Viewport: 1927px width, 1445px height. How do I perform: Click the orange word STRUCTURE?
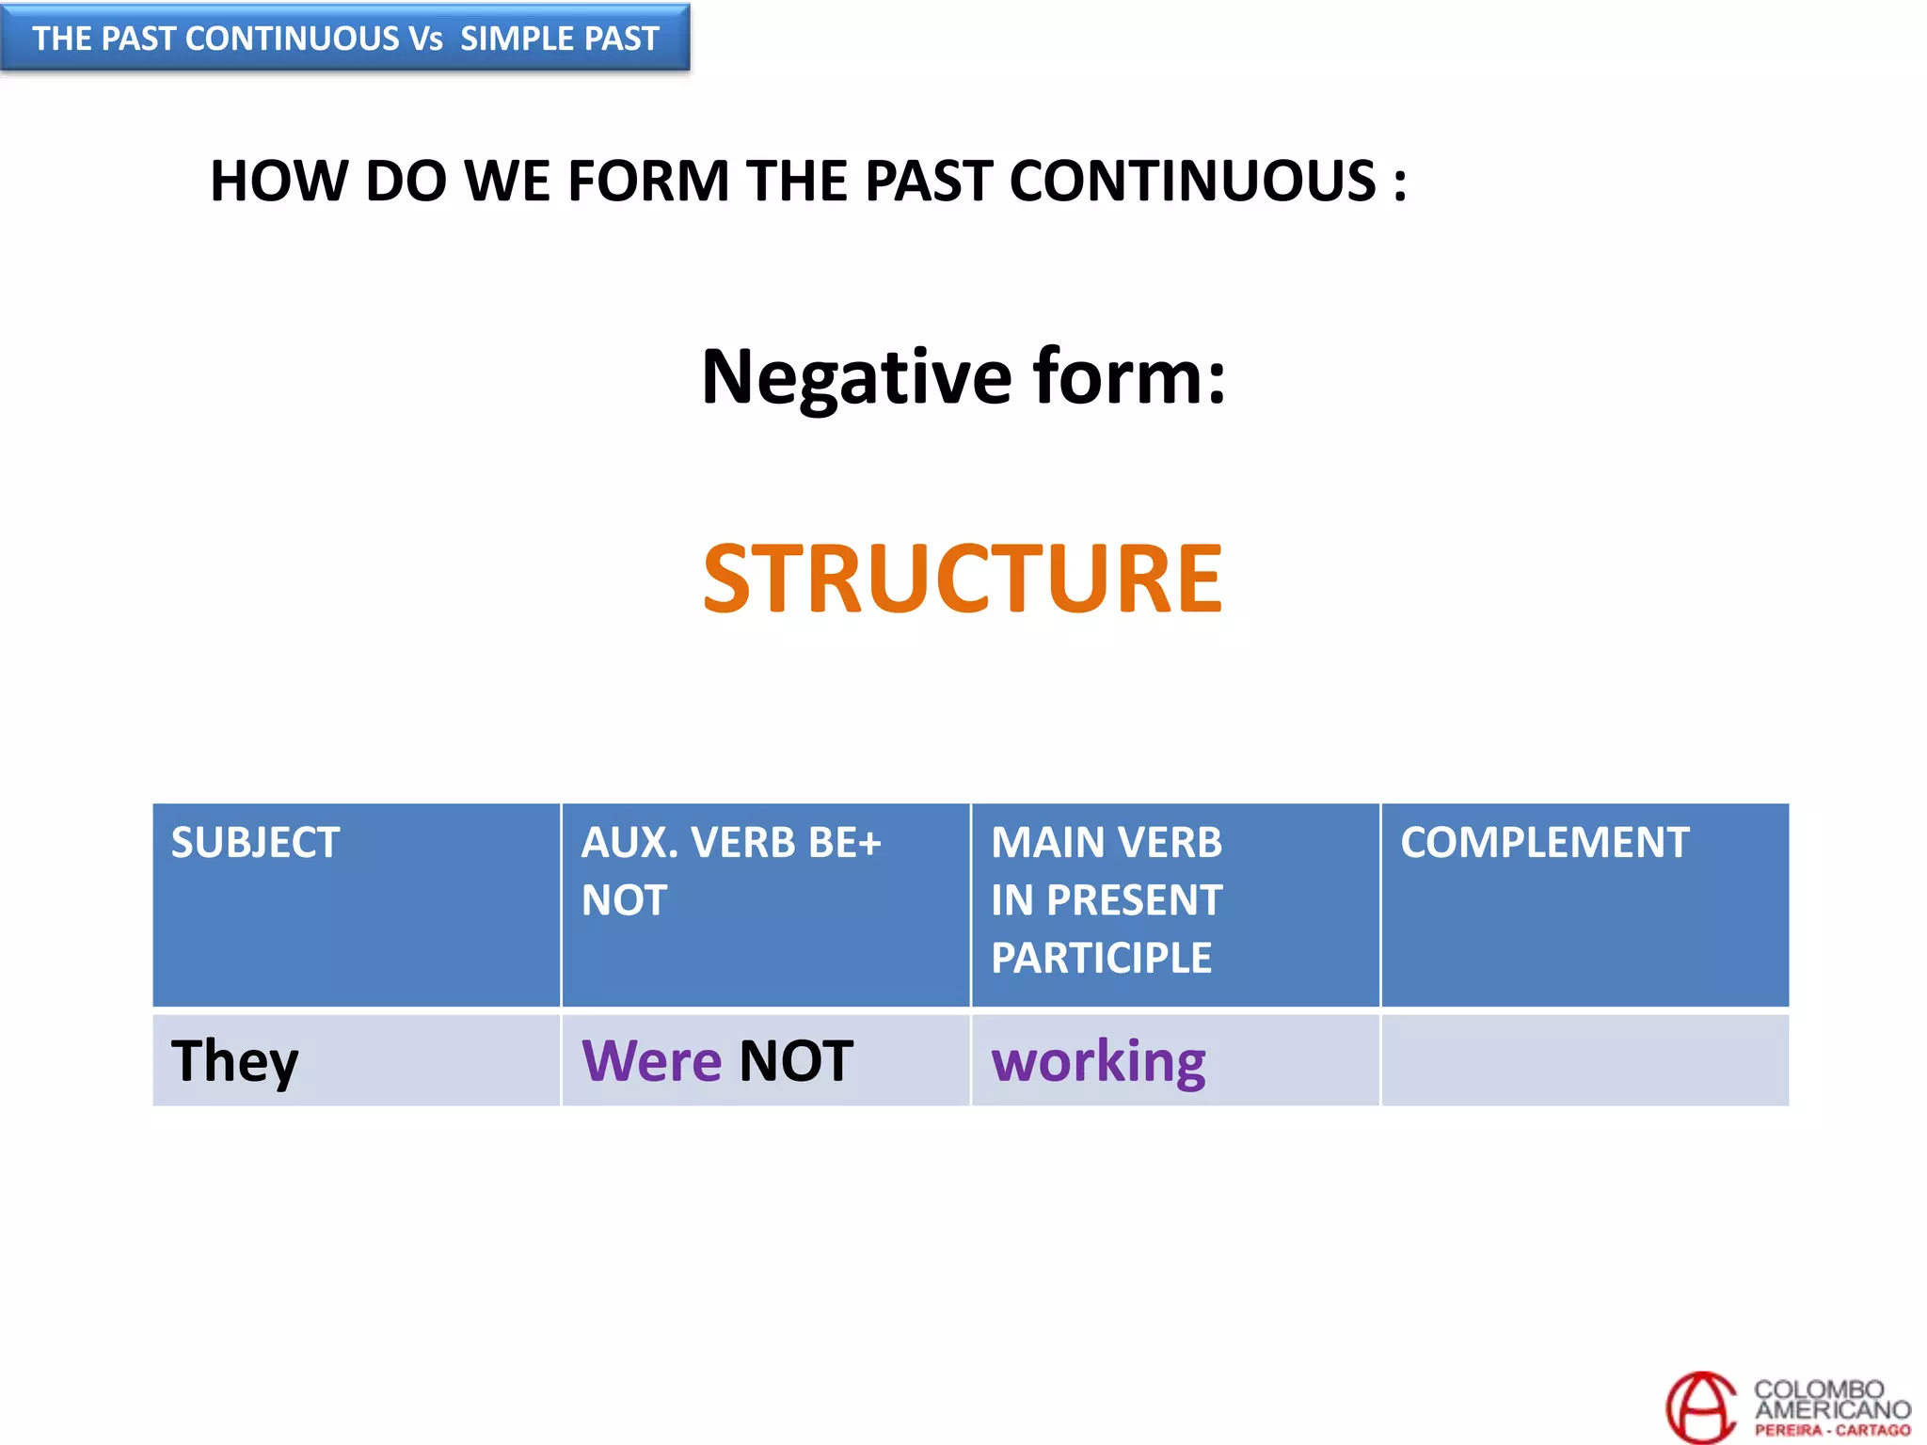pyautogui.click(x=962, y=578)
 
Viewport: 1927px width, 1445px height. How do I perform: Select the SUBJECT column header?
pyautogui.click(x=255, y=842)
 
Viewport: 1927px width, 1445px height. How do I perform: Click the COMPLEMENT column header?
pyautogui.click(x=1544, y=842)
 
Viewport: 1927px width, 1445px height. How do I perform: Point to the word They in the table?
pyautogui.click(x=234, y=1061)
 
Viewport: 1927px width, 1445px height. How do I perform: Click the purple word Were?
pyautogui.click(x=651, y=1061)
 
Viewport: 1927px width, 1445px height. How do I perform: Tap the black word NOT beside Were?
pyautogui.click(x=796, y=1061)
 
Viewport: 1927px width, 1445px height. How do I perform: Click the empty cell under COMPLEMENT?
pyautogui.click(x=1585, y=1060)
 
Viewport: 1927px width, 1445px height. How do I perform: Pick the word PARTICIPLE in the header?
pyautogui.click(x=1101, y=958)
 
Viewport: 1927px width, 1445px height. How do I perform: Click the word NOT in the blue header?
pyautogui.click(x=624, y=900)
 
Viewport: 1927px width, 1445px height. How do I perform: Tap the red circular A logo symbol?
pyautogui.click(x=1700, y=1406)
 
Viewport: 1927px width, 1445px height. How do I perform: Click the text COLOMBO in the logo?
pyautogui.click(x=1818, y=1389)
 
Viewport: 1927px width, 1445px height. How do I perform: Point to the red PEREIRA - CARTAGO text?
pyautogui.click(x=1832, y=1430)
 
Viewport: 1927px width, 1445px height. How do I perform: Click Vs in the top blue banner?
pyautogui.click(x=425, y=39)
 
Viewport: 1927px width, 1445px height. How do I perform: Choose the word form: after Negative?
pyautogui.click(x=1129, y=376)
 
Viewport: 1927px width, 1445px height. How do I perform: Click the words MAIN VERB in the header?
pyautogui.click(x=1106, y=842)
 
